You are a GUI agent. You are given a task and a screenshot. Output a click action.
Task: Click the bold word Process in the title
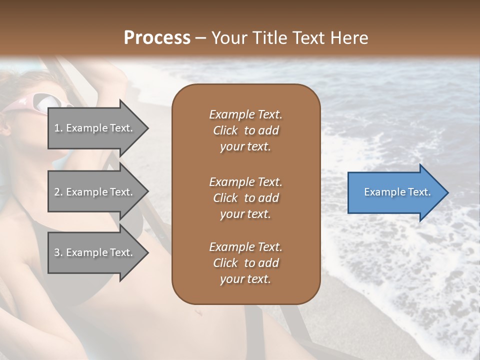157,38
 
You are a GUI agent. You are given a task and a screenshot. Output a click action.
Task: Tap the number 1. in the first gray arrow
58,128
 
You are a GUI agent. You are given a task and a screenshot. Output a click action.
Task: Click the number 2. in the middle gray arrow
58,192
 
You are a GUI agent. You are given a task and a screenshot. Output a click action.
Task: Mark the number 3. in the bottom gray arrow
58,252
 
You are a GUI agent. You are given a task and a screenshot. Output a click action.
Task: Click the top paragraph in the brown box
245,130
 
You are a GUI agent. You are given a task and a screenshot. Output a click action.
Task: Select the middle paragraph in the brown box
245,198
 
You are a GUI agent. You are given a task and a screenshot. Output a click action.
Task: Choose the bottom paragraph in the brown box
245,263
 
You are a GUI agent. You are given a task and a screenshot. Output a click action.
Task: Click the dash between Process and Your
201,38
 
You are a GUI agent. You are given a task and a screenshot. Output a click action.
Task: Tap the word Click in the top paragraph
225,130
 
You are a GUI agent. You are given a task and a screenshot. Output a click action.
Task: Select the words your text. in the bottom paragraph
245,279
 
